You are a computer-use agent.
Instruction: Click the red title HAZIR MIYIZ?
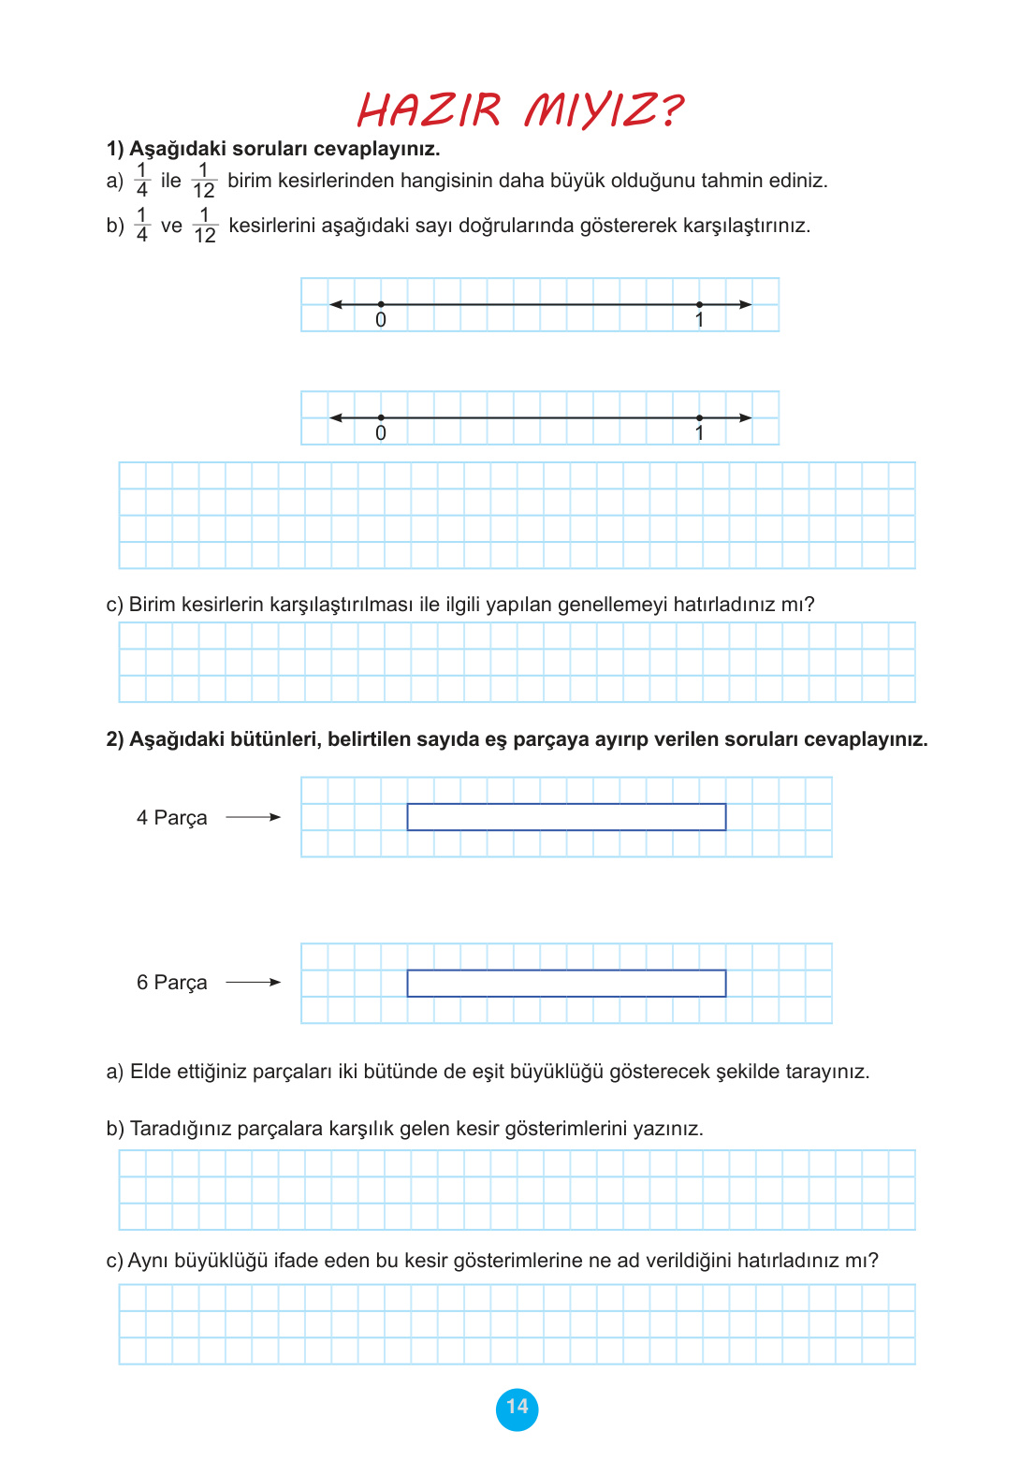(x=520, y=110)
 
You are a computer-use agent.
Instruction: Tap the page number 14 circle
(x=517, y=1408)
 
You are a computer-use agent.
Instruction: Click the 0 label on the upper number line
(x=381, y=320)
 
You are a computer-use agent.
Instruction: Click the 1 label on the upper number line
(x=699, y=320)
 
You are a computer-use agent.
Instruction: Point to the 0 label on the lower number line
(x=381, y=433)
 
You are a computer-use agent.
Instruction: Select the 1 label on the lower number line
(x=699, y=433)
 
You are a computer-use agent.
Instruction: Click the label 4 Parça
(x=171, y=818)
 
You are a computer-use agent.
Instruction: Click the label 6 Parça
(x=171, y=983)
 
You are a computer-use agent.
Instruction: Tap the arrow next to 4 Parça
(x=254, y=817)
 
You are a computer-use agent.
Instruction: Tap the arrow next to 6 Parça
(x=254, y=982)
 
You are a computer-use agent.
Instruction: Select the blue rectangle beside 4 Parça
(x=566, y=817)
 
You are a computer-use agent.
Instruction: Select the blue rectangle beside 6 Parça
(x=566, y=983)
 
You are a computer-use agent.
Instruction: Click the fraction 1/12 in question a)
(x=204, y=181)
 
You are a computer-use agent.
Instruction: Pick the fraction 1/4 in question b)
(x=142, y=226)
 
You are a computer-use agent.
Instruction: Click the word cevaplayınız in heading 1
(x=377, y=149)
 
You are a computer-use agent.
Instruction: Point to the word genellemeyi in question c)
(x=612, y=605)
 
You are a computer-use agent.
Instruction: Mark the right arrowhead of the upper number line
(x=746, y=304)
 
